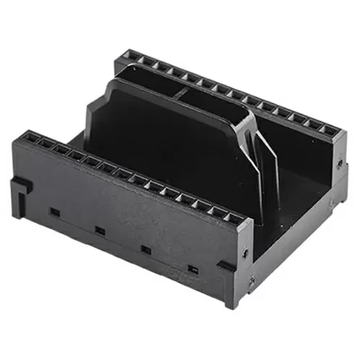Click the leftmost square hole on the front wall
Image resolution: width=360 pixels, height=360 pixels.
(53, 212)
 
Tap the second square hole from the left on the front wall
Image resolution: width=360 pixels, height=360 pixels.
(100, 231)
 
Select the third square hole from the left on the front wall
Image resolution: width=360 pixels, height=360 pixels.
(145, 249)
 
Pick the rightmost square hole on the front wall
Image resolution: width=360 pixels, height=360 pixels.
(192, 270)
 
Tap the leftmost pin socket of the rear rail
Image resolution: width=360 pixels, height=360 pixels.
(130, 56)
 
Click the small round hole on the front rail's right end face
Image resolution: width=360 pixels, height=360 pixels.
(247, 252)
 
